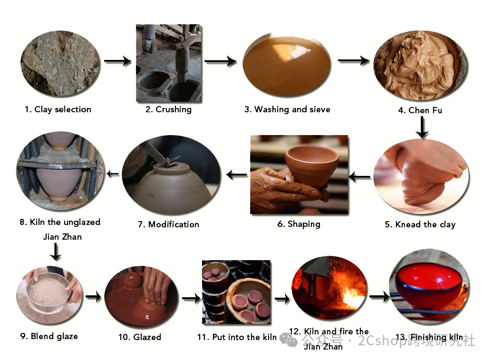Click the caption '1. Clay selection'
pos(58,109)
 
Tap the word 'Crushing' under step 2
pos(173,109)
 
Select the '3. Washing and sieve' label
pos(287,109)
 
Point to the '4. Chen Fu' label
pos(420,110)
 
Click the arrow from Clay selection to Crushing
pos(117,61)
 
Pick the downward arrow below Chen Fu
pos(422,127)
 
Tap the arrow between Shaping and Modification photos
pos(236,175)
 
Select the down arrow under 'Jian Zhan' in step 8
pos(56,252)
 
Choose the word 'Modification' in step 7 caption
pos(173,224)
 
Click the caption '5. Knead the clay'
pos(420,224)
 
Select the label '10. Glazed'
pos(140,337)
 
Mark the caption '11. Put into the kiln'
pos(237,337)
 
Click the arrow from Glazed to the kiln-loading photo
pos(191,298)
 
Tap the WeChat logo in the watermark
pos(288,340)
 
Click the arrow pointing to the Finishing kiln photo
pos(379,296)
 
